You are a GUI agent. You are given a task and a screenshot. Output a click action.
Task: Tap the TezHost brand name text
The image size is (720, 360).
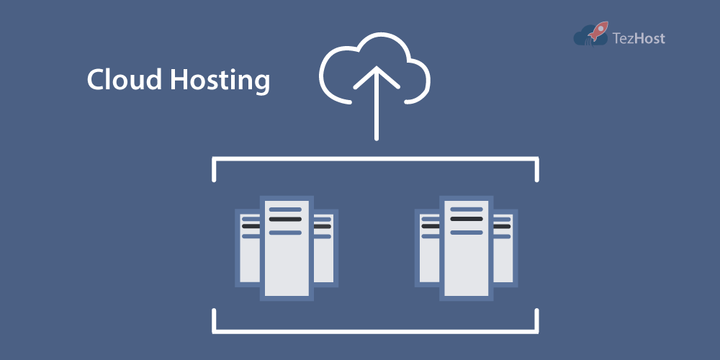pos(638,37)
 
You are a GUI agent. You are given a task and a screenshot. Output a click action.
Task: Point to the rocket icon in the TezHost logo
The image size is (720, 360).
pos(597,31)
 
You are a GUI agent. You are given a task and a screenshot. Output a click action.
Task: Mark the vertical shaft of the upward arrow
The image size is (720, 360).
pos(375,115)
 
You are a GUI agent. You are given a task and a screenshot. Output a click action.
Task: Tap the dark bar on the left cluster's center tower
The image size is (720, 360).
pos(287,219)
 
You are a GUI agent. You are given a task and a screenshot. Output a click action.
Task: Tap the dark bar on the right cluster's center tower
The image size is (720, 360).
pos(466,219)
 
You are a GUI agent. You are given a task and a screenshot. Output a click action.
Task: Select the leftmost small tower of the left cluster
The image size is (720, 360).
pos(249,259)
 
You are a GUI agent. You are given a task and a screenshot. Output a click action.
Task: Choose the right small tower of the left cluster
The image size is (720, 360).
pos(323,259)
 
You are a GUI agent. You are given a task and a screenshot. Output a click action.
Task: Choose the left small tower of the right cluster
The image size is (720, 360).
pos(429,259)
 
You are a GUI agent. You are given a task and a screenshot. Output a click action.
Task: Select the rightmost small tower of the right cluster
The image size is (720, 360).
pos(503,259)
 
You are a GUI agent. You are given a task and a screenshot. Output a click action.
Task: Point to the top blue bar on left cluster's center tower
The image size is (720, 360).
pos(287,209)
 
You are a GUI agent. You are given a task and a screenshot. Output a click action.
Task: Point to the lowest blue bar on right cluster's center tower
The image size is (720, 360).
pos(466,232)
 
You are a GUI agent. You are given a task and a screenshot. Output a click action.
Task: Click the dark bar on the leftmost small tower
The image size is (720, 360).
pos(250,226)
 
